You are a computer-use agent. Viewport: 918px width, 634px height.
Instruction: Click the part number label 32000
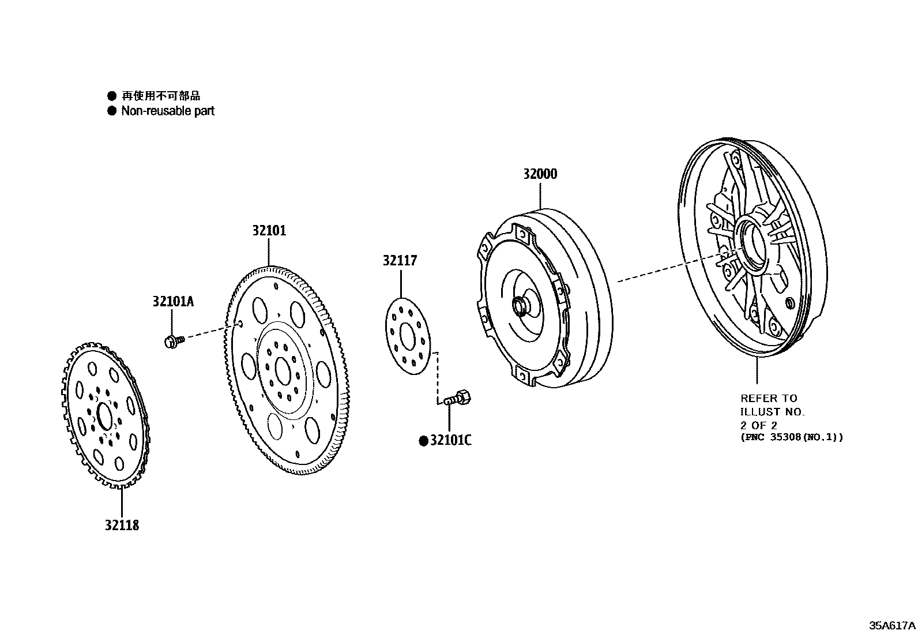coord(540,174)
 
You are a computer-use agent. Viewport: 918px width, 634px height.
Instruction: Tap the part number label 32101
coord(269,231)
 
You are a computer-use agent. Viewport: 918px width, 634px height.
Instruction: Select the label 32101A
coord(174,301)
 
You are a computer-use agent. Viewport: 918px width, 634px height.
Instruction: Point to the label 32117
coord(400,261)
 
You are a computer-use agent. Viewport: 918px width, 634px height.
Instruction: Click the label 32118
coord(122,525)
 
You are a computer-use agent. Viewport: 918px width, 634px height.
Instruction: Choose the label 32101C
coord(450,441)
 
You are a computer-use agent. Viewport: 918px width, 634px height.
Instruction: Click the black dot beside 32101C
coord(423,441)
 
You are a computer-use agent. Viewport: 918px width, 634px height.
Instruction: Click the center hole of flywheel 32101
coord(283,370)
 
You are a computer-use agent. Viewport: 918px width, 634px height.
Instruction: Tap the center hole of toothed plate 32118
coord(104,416)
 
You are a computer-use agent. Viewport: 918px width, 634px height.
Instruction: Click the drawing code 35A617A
coord(893,625)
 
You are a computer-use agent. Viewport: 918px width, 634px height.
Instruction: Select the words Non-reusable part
coord(167,111)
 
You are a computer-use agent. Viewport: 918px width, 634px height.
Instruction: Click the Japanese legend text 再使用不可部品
coord(161,96)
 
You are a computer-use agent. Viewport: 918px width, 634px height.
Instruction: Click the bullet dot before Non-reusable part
coord(112,111)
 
